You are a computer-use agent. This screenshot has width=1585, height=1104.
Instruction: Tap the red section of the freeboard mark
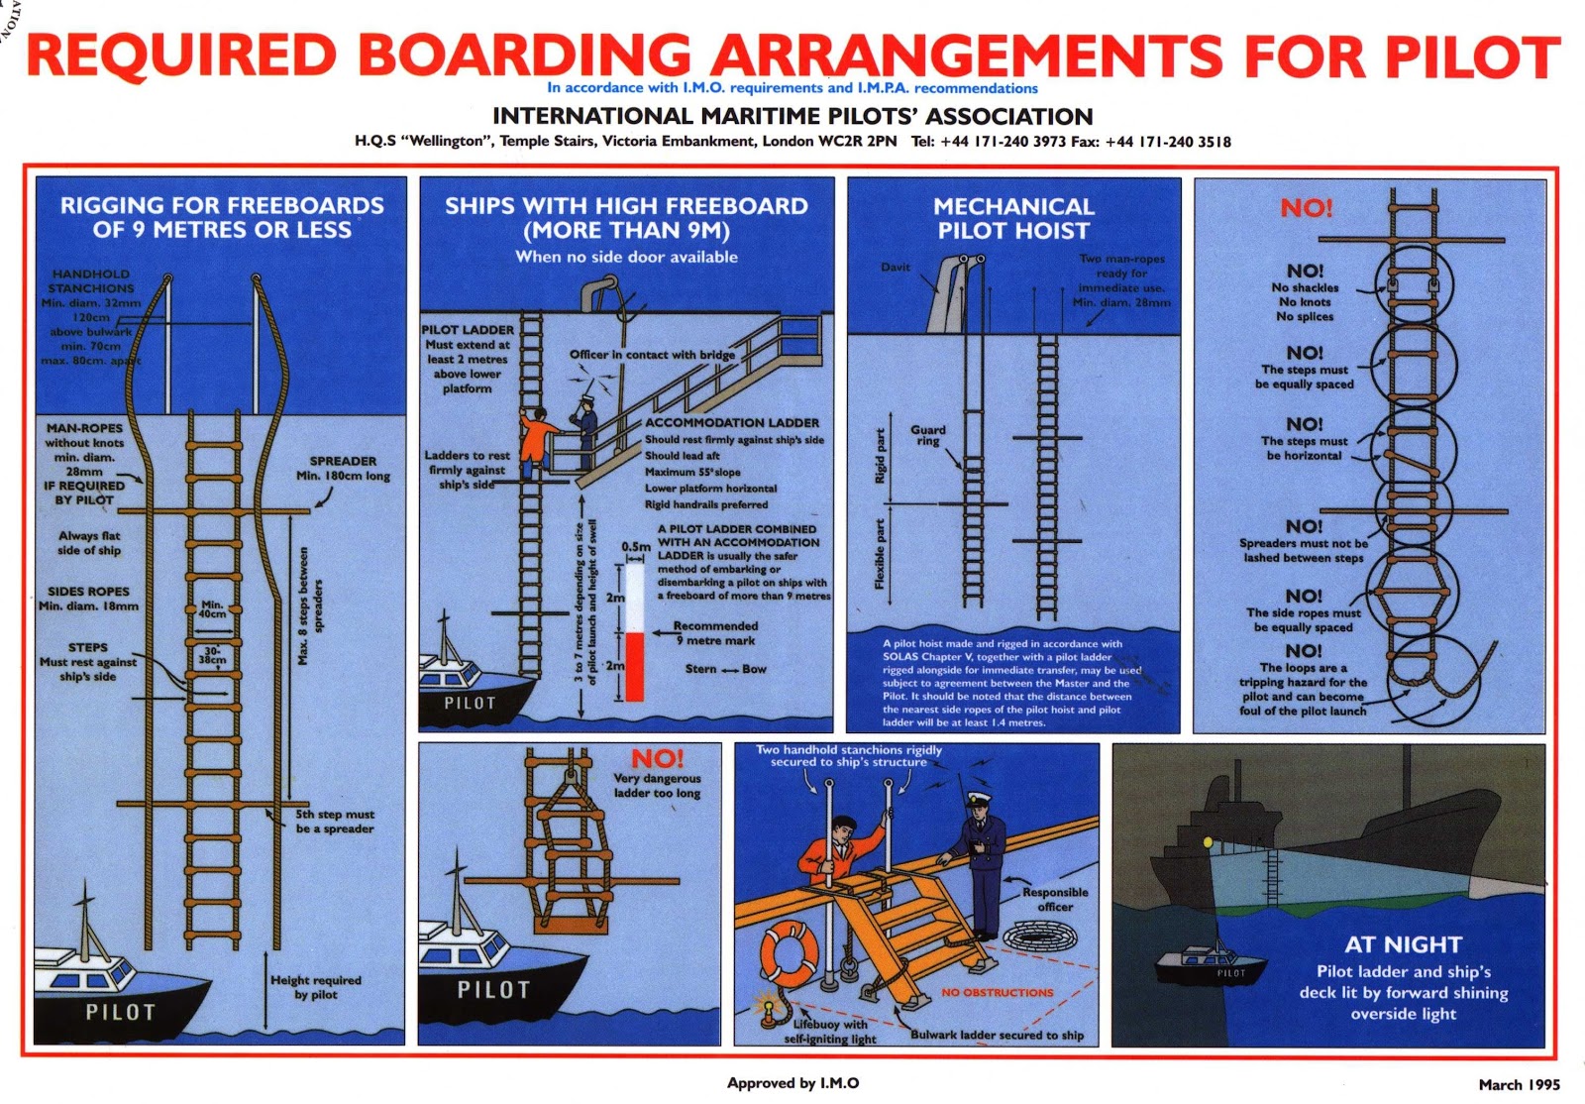coord(634,667)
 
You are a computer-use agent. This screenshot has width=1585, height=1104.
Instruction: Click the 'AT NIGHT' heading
coord(1403,944)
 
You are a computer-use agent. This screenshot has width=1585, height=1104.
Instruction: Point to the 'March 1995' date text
coord(1519,1084)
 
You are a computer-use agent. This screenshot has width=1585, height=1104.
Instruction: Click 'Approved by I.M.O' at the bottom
coord(792,1083)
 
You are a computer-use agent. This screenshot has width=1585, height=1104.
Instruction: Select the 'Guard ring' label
coord(928,435)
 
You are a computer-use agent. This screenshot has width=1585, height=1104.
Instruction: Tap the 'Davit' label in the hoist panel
coord(896,267)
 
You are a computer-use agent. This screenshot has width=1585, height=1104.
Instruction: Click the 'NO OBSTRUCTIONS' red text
coord(997,992)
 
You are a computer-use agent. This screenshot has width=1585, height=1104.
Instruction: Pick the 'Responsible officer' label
coord(1055,899)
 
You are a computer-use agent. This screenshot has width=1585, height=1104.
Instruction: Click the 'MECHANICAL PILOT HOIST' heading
coord(1013,218)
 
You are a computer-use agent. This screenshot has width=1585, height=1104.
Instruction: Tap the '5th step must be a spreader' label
coord(335,821)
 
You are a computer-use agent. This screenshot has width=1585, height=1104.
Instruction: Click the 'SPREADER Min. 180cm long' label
coord(343,468)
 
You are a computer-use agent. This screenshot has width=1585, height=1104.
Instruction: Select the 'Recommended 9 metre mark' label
coord(715,633)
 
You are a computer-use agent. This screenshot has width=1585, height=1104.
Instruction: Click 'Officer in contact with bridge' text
coord(652,354)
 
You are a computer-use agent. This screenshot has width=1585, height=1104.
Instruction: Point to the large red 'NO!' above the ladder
coord(1306,208)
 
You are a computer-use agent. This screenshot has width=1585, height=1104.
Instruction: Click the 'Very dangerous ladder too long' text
coord(657,785)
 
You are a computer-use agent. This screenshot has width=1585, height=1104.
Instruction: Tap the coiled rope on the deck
coord(1036,935)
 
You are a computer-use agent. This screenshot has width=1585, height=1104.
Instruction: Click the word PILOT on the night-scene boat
coord(1230,972)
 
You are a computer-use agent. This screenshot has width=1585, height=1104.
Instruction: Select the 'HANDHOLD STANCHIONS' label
coord(90,280)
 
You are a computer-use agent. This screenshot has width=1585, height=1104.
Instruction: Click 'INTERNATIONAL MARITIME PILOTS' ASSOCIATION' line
coord(792,116)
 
